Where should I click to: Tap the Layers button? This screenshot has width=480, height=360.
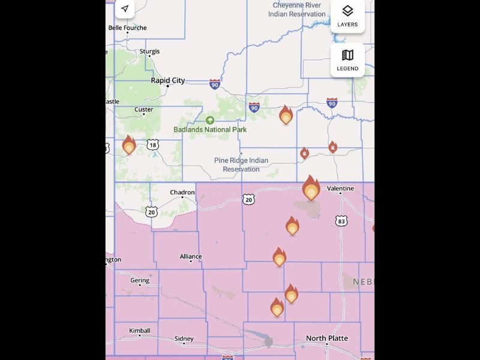click(x=347, y=16)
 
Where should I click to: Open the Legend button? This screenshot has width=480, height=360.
click(x=347, y=60)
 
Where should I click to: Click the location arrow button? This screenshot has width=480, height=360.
click(x=124, y=9)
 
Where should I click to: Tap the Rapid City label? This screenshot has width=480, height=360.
click(x=167, y=80)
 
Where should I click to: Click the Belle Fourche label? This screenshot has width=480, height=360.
click(x=127, y=28)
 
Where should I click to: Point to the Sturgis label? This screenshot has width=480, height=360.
click(x=149, y=52)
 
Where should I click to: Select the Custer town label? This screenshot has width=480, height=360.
click(x=143, y=110)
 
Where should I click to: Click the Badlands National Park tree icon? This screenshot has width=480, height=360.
click(x=210, y=120)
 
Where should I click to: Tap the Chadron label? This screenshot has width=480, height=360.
click(x=182, y=193)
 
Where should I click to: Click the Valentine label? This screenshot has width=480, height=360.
click(x=340, y=188)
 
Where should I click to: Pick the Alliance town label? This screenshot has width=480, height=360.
click(x=191, y=257)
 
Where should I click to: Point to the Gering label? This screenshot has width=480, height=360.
click(x=140, y=281)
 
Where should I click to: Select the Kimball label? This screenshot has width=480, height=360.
click(x=140, y=331)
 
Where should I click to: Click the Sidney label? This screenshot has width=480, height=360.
click(x=184, y=339)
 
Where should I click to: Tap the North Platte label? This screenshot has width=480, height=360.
click(x=326, y=338)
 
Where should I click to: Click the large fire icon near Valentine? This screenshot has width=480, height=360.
click(x=311, y=189)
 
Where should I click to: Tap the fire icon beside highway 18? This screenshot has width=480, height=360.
click(x=128, y=146)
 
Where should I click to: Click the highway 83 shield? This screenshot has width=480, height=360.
click(x=341, y=221)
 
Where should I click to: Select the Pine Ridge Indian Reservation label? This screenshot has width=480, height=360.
click(x=241, y=164)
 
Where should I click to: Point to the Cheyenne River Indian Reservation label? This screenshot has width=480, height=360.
click(x=299, y=10)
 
